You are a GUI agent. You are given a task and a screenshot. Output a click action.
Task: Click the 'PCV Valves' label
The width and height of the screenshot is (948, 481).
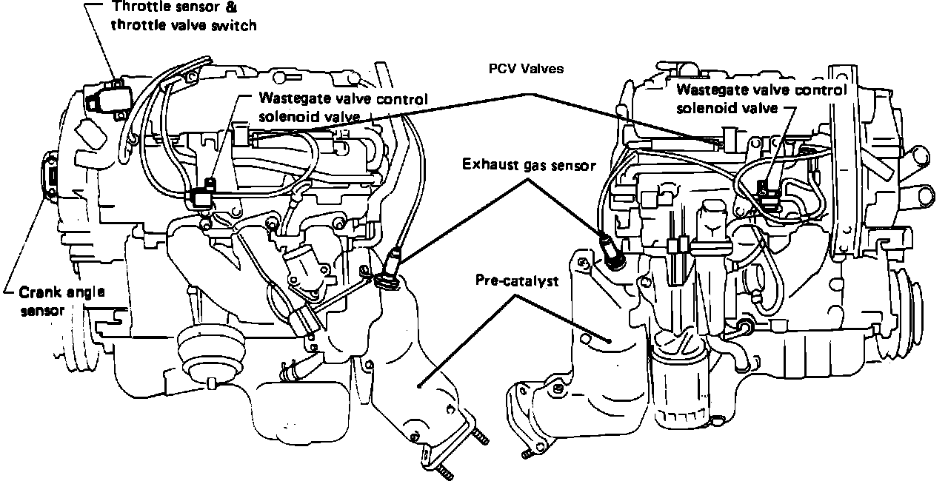(526, 69)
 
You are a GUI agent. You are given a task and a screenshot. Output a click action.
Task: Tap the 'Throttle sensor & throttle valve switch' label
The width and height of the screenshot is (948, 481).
(184, 16)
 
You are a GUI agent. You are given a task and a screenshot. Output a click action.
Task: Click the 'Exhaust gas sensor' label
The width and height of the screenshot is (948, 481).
(529, 165)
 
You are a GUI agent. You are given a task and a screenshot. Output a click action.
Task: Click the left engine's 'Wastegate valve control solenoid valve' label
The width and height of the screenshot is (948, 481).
(343, 107)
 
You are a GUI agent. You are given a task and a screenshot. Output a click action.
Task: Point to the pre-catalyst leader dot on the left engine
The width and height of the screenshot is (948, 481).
(418, 385)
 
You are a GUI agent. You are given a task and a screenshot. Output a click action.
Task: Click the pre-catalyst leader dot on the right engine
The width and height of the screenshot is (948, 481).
(609, 341)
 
